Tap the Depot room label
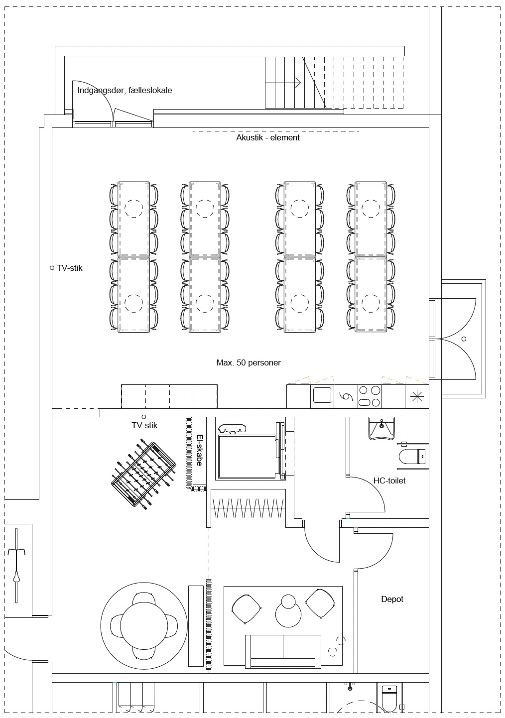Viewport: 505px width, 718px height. coord(392,599)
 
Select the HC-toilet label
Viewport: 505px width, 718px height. coord(389,480)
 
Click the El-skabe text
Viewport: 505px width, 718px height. coord(199,450)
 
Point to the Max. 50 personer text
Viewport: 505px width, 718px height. coord(249,362)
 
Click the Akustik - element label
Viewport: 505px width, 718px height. coord(268,137)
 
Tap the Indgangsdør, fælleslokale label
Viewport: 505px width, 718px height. coord(125,91)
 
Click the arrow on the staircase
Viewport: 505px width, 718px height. coord(283,83)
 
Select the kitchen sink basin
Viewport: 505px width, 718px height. coord(322,395)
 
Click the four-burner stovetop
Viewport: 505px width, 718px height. coord(370,396)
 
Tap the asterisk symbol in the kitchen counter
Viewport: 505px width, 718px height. coord(417,397)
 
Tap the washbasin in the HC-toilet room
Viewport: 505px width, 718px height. coord(381,428)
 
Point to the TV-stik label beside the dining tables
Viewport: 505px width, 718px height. coord(70,268)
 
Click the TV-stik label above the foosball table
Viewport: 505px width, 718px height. coord(144,425)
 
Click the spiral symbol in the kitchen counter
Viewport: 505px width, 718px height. coord(346,396)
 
